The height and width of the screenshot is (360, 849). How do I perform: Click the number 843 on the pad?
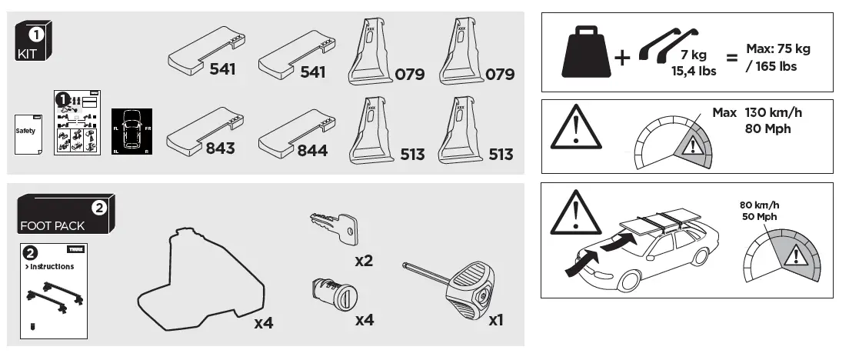[220, 148]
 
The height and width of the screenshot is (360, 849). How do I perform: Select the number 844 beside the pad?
[312, 150]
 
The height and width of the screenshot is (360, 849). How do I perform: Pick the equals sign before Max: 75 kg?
[732, 58]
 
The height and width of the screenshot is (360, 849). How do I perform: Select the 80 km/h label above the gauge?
[757, 205]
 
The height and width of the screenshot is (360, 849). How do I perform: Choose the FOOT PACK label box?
[65, 215]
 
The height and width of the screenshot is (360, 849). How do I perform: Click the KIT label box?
[34, 42]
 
